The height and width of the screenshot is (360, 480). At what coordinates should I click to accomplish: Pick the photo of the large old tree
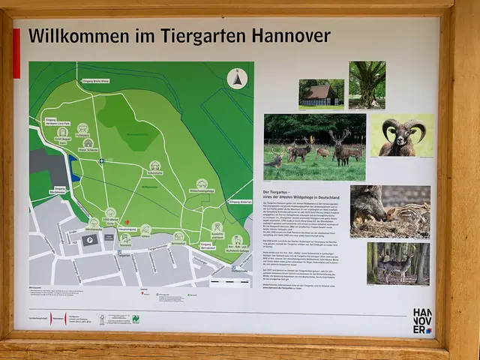[x=367, y=85]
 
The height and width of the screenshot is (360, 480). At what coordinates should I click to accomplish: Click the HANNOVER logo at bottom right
[x=423, y=319]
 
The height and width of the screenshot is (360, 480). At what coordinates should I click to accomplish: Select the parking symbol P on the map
[x=90, y=240]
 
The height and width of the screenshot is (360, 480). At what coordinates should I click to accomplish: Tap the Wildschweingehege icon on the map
[x=202, y=184]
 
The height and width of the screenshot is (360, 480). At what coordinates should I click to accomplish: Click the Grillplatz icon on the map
[x=82, y=128]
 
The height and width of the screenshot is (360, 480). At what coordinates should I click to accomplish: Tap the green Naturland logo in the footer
[x=136, y=318]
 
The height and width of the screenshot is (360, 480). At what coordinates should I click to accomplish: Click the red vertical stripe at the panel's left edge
[x=16, y=53]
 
